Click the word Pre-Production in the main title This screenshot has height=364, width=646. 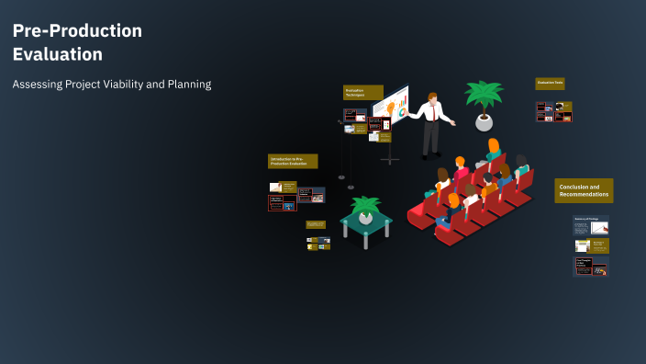pyautogui.click(x=77, y=30)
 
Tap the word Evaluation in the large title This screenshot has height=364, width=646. pyautogui.click(x=57, y=54)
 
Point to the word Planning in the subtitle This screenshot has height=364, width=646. pyautogui.click(x=188, y=84)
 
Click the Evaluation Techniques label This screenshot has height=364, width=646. pyautogui.click(x=362, y=92)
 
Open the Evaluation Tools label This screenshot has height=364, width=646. pyautogui.click(x=550, y=83)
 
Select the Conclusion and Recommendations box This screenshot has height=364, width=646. pyautogui.click(x=584, y=190)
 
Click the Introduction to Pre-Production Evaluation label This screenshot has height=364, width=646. pyautogui.click(x=293, y=161)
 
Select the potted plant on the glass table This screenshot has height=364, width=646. pyautogui.click(x=366, y=209)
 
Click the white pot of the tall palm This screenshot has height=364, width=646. pyautogui.click(x=484, y=121)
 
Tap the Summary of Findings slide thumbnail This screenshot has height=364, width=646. pyautogui.click(x=591, y=224)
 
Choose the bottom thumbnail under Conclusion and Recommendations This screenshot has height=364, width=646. pyautogui.click(x=591, y=267)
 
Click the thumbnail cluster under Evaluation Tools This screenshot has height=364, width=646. pyautogui.click(x=553, y=112)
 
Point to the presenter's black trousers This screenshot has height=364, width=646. pyautogui.click(x=429, y=136)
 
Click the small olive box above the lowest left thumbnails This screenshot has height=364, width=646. pyautogui.click(x=316, y=224)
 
